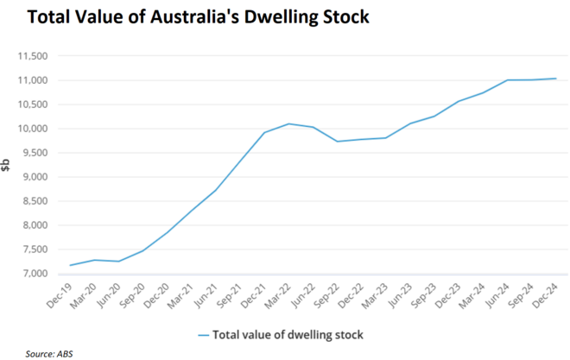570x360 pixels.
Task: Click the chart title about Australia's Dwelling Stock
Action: click(x=186, y=17)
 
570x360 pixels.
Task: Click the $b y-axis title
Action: click(x=7, y=165)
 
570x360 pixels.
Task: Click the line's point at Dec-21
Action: click(x=264, y=132)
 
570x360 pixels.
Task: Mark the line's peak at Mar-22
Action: click(x=288, y=123)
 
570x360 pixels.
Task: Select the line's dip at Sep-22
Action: click(x=337, y=142)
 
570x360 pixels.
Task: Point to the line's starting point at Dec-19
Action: click(x=70, y=265)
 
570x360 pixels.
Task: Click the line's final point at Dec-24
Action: click(x=556, y=79)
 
